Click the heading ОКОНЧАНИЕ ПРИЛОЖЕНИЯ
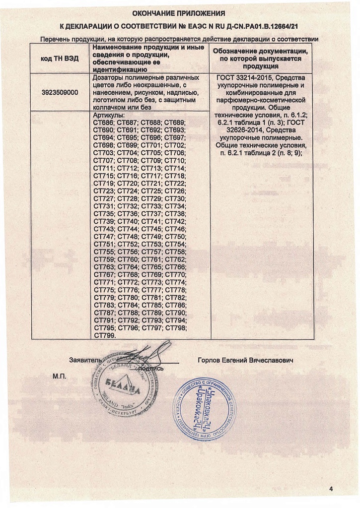coord(179,13)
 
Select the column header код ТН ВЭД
coord(59,59)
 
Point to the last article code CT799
coord(104,335)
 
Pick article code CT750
coord(175,237)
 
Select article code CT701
coord(151,145)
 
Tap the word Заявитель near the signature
coord(85,360)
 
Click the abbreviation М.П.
coord(60,377)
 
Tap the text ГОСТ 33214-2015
coord(244,78)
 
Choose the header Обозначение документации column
coord(260,59)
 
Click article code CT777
coord(151,290)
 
